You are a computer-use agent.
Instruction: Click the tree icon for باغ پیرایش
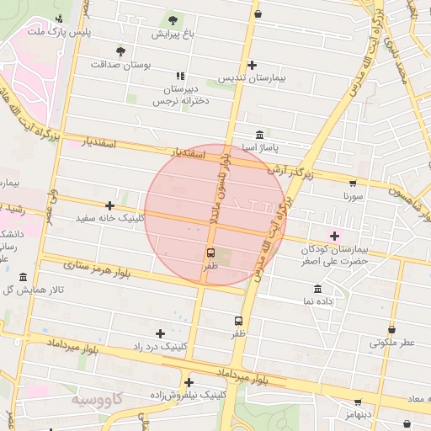[x=173, y=19]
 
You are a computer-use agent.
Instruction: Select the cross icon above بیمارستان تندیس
[x=252, y=65]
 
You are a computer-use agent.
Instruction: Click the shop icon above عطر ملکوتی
[x=391, y=329]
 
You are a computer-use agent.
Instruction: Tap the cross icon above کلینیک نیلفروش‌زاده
[x=189, y=381]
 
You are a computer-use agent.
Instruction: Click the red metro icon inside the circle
[x=210, y=252]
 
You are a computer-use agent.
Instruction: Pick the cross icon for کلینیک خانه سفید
[x=109, y=205]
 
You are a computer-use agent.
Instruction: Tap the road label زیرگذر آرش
[x=291, y=172]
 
